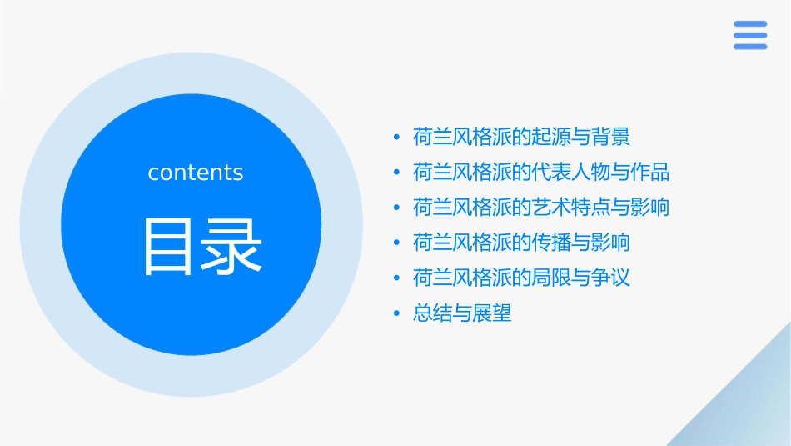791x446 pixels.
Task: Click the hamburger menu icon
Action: coord(749,35)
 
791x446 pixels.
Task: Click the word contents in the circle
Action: coord(196,173)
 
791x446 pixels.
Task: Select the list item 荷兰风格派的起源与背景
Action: coord(521,137)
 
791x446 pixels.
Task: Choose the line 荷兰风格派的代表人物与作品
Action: coord(541,173)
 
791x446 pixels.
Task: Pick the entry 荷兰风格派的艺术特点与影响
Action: coord(541,208)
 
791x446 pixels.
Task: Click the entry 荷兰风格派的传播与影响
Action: coord(521,243)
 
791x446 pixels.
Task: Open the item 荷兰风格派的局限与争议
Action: coord(521,278)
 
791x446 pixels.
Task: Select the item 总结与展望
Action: coord(462,313)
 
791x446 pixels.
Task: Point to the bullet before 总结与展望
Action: coord(398,314)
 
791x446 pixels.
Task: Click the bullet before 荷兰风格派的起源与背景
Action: coord(398,138)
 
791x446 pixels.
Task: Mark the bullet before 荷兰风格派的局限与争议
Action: coord(398,278)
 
